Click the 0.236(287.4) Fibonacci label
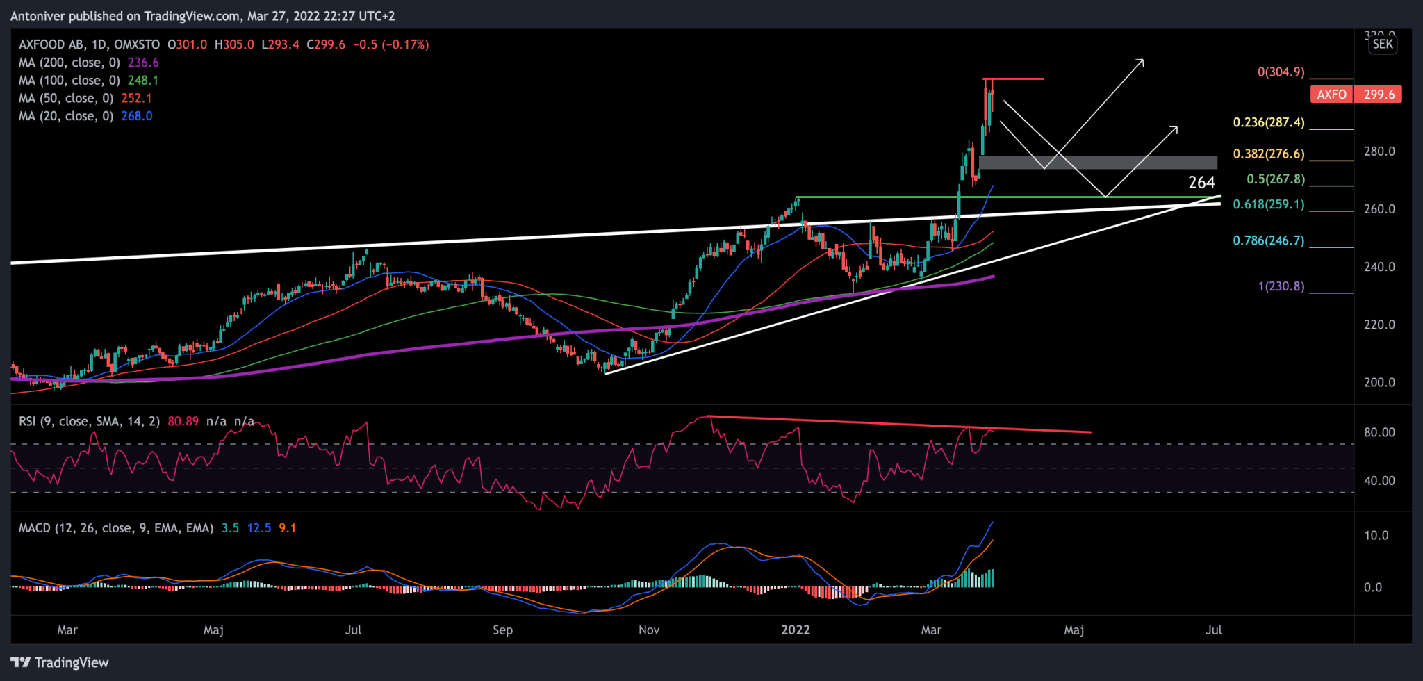[x=1269, y=122]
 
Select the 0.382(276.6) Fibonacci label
[x=1269, y=154]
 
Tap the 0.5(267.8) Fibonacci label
[x=1276, y=179]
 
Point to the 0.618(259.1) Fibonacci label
[x=1269, y=204]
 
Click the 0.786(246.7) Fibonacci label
[x=1269, y=240]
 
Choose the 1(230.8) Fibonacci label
[x=1281, y=286]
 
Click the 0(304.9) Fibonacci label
[x=1281, y=72]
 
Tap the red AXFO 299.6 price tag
[x=1355, y=95]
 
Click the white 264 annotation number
[x=1201, y=183]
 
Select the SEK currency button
[x=1383, y=44]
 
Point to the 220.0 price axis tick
[x=1379, y=325]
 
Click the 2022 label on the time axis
[x=795, y=630]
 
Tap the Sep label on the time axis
[x=502, y=630]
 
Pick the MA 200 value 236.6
[x=143, y=63]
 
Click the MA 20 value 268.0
[x=137, y=116]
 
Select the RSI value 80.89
[x=183, y=421]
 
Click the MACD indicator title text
[x=116, y=528]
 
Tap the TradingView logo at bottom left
[x=60, y=662]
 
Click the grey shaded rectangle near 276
[x=1098, y=163]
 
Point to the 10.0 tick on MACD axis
[x=1376, y=535]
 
